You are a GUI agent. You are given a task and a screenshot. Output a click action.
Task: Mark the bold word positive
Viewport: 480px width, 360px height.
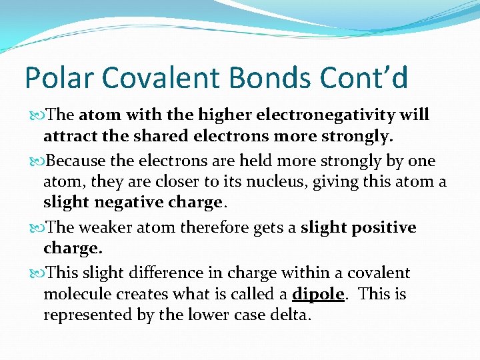tap(382, 227)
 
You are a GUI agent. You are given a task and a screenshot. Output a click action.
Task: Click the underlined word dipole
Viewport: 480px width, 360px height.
tap(318, 294)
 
